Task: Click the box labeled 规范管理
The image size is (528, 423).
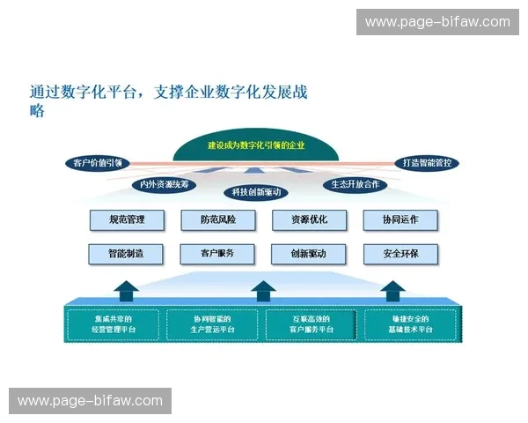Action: [127, 219]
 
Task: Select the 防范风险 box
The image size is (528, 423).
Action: [217, 219]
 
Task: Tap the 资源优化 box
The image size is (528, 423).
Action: [309, 219]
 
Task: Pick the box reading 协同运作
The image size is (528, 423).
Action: [400, 219]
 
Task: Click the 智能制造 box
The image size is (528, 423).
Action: [127, 254]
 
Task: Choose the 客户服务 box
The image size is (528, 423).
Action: [217, 254]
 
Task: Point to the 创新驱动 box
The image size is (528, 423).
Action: [309, 254]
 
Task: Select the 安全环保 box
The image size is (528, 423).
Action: [400, 254]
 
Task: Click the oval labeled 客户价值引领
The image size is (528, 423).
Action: [98, 162]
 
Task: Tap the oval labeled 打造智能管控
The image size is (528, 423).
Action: [425, 162]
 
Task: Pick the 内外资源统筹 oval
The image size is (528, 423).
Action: [164, 184]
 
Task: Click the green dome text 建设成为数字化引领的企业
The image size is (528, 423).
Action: [256, 145]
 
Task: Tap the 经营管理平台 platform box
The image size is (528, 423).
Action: [114, 323]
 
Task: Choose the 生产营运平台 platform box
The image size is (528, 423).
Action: [213, 323]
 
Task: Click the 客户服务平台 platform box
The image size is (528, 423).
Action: [312, 323]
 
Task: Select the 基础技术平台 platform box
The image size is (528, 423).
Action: [411, 323]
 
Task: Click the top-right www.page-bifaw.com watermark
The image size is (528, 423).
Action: [437, 21]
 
